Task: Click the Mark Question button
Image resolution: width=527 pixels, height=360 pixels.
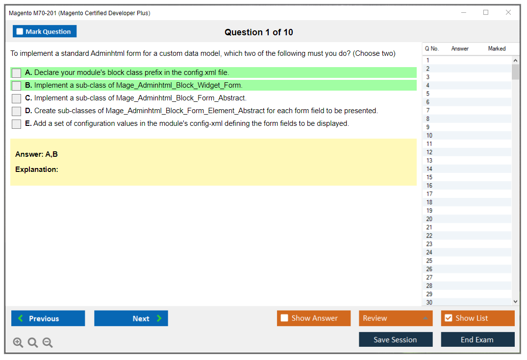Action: click(x=44, y=31)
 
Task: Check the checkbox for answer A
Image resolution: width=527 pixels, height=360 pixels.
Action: click(x=16, y=73)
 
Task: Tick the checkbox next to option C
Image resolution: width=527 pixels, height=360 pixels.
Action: click(x=16, y=98)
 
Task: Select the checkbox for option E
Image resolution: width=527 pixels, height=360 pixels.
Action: click(x=16, y=124)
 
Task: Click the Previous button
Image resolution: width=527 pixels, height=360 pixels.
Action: click(x=48, y=318)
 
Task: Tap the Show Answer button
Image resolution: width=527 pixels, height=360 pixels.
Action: click(x=314, y=318)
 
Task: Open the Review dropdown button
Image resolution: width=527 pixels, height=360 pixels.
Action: click(x=396, y=318)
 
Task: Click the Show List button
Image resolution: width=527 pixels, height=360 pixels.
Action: click(x=477, y=318)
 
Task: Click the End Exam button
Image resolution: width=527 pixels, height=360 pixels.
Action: click(x=477, y=339)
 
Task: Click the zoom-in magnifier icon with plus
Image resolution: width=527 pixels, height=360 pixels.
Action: click(x=18, y=342)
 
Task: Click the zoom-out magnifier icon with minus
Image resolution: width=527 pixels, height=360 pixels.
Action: click(x=48, y=342)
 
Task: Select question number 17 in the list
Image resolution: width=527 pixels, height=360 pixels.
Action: click(x=429, y=194)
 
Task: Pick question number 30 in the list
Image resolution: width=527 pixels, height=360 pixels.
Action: click(x=429, y=302)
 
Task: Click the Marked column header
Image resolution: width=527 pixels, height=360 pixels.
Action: click(x=497, y=48)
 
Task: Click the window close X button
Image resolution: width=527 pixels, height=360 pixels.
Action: click(x=508, y=12)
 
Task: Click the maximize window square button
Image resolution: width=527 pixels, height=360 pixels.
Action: click(x=486, y=12)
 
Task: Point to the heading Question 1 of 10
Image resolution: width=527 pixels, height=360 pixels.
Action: click(x=259, y=32)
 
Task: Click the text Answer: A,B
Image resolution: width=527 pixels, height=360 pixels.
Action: click(x=36, y=154)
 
